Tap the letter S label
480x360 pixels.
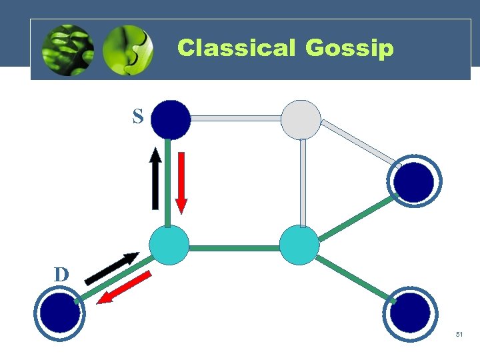coord(137,117)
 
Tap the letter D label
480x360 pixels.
coord(61,274)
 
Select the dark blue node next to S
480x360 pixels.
coord(171,119)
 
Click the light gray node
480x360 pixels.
coord(301,119)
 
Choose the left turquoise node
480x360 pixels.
coord(169,245)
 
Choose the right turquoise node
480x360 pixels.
coord(299,245)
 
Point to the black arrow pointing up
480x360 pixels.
coord(155,179)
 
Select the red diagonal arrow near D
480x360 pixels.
coord(125,288)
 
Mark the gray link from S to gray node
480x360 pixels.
coord(235,118)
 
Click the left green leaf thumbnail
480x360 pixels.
coord(67,50)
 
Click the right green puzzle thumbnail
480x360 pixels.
coord(128,50)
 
